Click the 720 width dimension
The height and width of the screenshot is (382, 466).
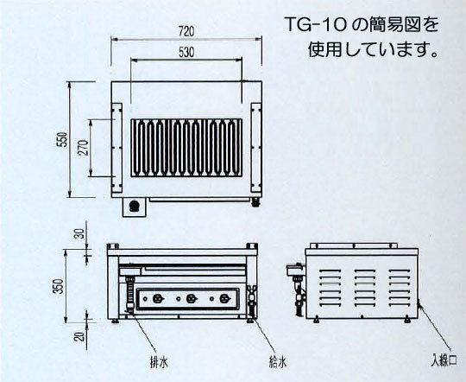tap(186, 31)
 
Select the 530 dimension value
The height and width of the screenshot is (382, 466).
tap(186, 53)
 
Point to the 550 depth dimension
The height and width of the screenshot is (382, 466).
tap(63, 139)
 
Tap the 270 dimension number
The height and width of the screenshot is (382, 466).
tap(84, 148)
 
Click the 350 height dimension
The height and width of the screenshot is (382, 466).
tap(60, 286)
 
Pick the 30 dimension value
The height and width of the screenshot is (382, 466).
tap(79, 234)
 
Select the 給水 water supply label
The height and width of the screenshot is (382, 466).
tap(277, 363)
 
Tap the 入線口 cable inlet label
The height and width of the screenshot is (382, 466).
tap(444, 360)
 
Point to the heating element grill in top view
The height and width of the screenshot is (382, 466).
tap(186, 148)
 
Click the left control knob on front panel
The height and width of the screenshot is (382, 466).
tap(156, 299)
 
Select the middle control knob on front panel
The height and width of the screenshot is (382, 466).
tap(190, 299)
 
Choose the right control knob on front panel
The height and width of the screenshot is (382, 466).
tap(224, 299)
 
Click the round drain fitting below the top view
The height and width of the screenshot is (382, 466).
tap(135, 206)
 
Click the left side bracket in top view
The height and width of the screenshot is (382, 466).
tap(116, 148)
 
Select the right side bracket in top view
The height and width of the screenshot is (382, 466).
tap(256, 148)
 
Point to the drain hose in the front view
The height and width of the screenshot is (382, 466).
tap(129, 295)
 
